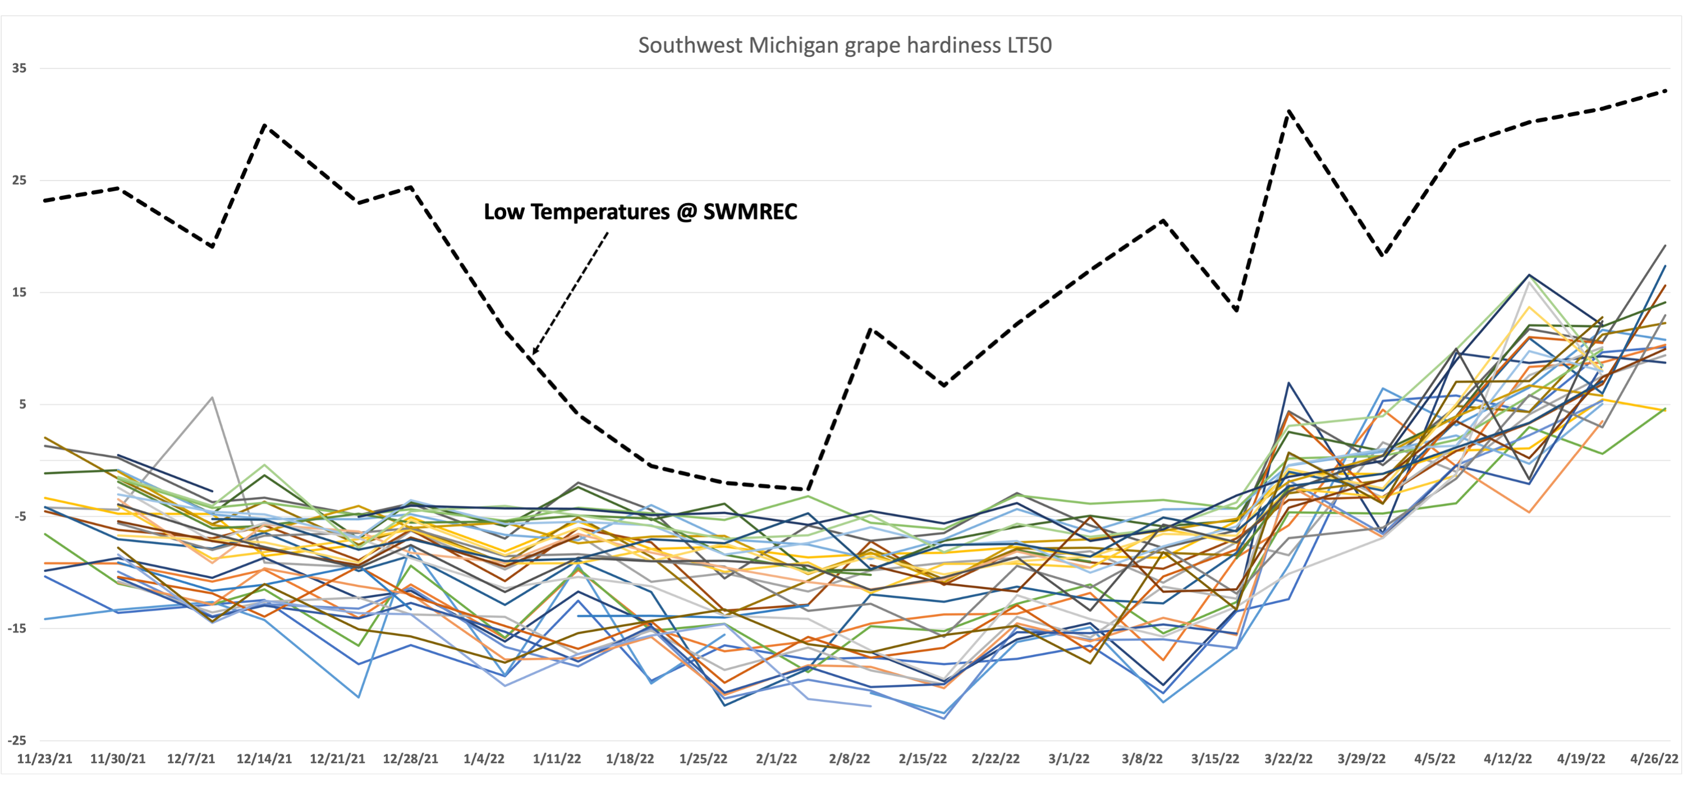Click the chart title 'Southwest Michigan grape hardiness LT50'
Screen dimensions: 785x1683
coord(844,45)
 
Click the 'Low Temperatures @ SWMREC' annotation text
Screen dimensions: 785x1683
coord(640,212)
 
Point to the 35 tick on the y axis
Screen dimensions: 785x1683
coord(19,68)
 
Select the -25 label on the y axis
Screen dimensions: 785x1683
coord(17,740)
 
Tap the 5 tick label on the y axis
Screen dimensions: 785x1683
coord(22,404)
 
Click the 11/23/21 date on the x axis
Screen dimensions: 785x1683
coord(44,759)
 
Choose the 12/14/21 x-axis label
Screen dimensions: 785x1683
coord(264,759)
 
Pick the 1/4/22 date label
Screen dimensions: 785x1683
coord(484,759)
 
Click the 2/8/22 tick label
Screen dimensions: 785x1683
coord(849,759)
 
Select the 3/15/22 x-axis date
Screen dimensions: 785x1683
coord(1214,759)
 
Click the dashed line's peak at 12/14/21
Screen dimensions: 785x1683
coord(264,125)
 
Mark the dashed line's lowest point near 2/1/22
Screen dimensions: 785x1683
coord(809,489)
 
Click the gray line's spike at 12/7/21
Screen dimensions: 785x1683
coord(212,397)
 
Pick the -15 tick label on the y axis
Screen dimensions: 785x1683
coord(17,628)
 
